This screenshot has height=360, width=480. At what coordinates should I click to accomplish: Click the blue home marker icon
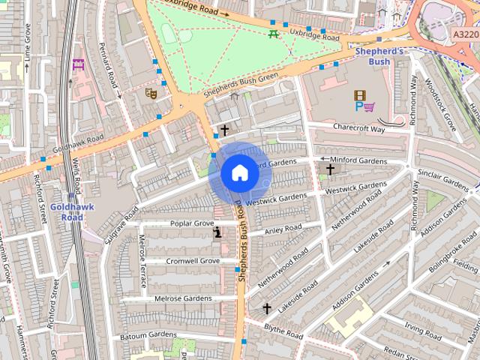[x=239, y=173]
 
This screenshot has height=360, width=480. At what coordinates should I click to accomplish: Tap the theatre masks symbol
[x=150, y=94]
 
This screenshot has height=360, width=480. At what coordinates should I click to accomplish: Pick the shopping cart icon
[x=370, y=107]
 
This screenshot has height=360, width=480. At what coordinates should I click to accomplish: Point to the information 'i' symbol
[x=217, y=233]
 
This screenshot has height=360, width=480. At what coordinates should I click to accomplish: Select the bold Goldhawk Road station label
[x=71, y=211]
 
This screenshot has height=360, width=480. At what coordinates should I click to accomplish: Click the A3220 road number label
[x=464, y=34]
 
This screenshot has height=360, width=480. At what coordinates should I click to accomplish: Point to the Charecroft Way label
[x=358, y=128]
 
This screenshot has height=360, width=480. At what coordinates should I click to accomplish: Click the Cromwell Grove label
[x=193, y=261]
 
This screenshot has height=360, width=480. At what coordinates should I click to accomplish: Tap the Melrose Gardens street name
[x=183, y=298]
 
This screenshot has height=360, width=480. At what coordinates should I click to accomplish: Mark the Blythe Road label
[x=283, y=331]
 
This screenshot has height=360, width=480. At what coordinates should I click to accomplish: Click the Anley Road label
[x=283, y=229]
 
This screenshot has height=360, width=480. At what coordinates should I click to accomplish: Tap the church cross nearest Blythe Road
[x=266, y=308]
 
